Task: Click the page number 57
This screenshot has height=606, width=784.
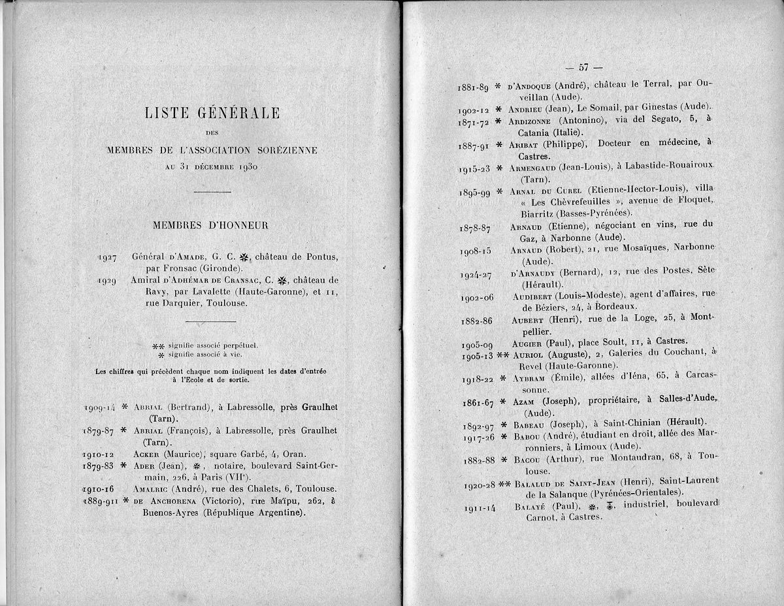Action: click(x=583, y=67)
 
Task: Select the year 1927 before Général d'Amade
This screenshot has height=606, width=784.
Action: click(x=108, y=257)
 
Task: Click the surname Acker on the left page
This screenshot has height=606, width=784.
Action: click(x=148, y=455)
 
